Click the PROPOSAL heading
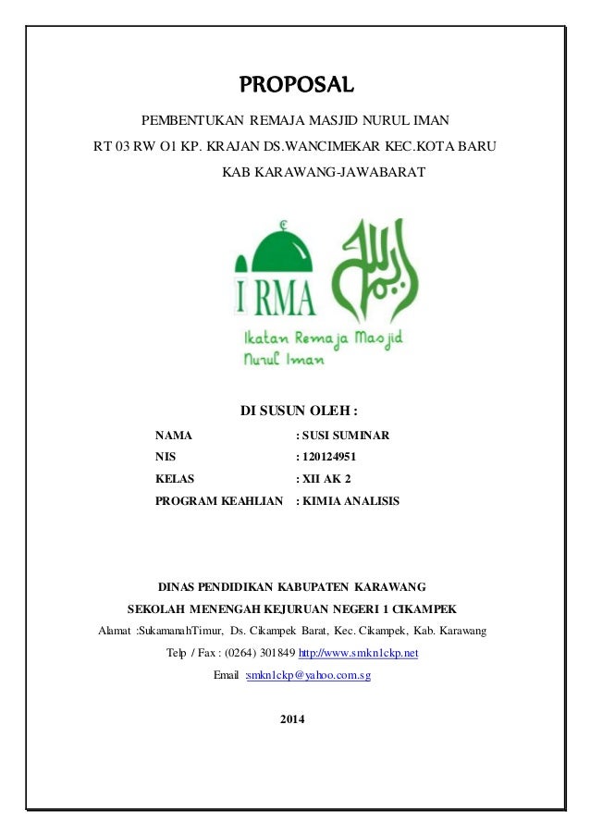click(297, 87)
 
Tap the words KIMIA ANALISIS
click(350, 500)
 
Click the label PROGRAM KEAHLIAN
click(218, 500)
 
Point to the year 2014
click(294, 719)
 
